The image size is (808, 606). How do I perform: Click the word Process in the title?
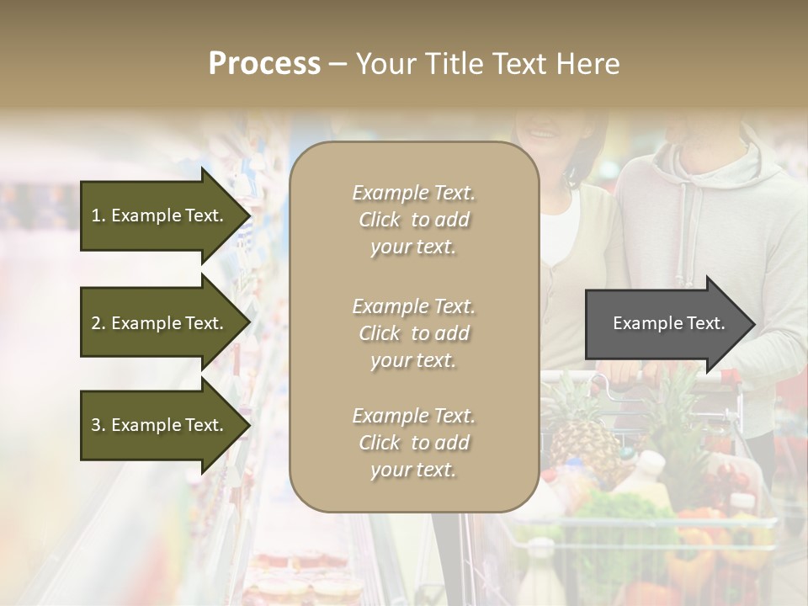(x=264, y=64)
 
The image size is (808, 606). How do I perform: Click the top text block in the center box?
(x=413, y=220)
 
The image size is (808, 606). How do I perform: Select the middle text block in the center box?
(x=413, y=333)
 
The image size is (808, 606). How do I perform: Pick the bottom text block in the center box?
(x=413, y=443)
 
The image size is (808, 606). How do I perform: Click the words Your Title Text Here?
(x=487, y=64)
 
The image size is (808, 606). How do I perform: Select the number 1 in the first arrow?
(x=96, y=215)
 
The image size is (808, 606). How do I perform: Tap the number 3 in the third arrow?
(x=96, y=425)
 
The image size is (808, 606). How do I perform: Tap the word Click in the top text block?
(x=379, y=220)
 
